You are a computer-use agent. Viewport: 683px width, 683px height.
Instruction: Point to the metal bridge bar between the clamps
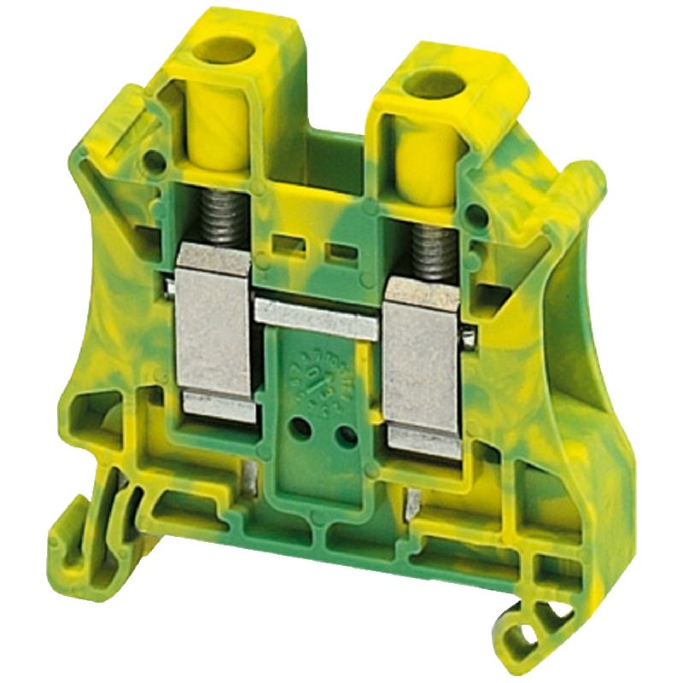click(x=318, y=309)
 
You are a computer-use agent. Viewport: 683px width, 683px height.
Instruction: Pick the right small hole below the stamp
click(x=346, y=437)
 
